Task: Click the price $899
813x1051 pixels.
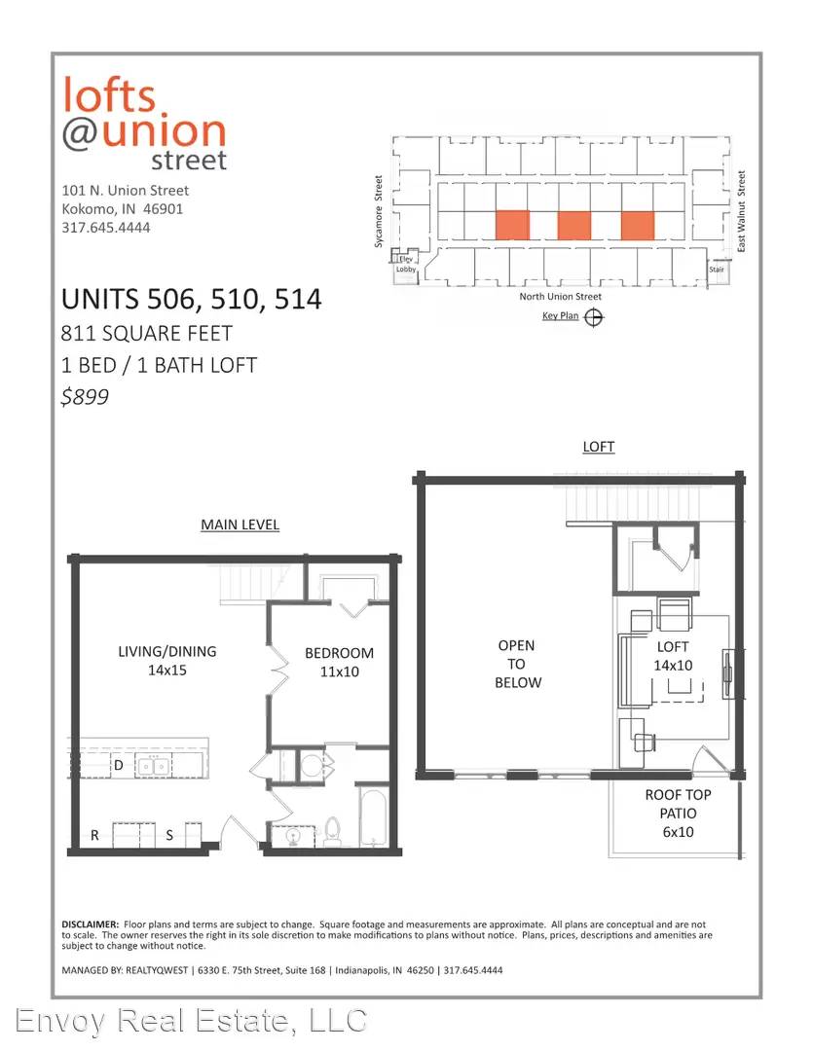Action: pyautogui.click(x=85, y=397)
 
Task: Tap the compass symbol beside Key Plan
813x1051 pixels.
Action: pyautogui.click(x=594, y=317)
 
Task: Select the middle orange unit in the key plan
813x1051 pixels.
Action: pyautogui.click(x=574, y=225)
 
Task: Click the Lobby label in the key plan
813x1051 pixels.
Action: pyautogui.click(x=406, y=270)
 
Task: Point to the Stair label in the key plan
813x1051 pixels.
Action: pyautogui.click(x=717, y=270)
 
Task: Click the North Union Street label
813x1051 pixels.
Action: pyautogui.click(x=560, y=296)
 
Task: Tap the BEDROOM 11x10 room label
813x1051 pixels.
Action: pyautogui.click(x=340, y=663)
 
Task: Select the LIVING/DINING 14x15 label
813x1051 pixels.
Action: pyautogui.click(x=167, y=660)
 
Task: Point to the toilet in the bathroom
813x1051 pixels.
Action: pyautogui.click(x=333, y=831)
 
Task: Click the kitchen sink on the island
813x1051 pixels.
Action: pyautogui.click(x=154, y=765)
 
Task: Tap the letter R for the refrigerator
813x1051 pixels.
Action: pyautogui.click(x=94, y=835)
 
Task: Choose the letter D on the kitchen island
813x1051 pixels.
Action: pyautogui.click(x=119, y=765)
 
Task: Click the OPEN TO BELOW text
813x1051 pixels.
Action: pyautogui.click(x=517, y=664)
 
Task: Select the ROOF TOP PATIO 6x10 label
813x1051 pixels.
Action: pyautogui.click(x=679, y=813)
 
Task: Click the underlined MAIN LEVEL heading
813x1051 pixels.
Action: pyautogui.click(x=240, y=525)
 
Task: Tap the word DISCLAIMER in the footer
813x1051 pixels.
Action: pyautogui.click(x=90, y=924)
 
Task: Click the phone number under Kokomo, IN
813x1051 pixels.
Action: pyautogui.click(x=106, y=227)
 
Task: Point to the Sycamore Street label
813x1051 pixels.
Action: pyautogui.click(x=379, y=212)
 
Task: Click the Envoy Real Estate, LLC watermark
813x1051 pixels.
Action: pyautogui.click(x=191, y=1021)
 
